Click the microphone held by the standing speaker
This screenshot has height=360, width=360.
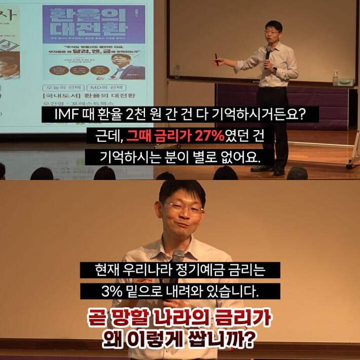(267, 52)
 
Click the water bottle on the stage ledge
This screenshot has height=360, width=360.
(335, 78)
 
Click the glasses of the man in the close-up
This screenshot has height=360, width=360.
(183, 208)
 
